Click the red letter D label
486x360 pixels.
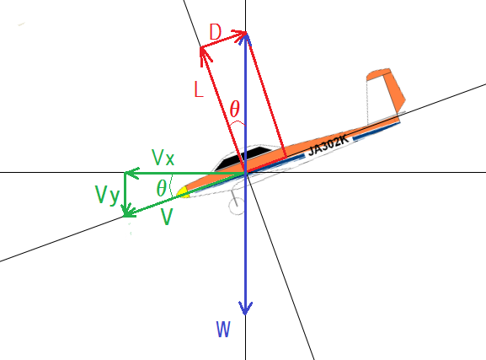216,32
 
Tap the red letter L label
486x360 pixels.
199,89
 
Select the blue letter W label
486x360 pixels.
223,330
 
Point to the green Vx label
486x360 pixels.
163,158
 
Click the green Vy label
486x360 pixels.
107,196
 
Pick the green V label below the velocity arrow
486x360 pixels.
167,217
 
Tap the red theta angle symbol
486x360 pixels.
235,109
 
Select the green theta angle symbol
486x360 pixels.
162,188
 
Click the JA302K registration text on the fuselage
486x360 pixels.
328,145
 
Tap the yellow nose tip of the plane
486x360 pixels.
182,192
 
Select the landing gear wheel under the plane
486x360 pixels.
237,206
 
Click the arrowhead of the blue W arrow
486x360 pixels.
245,308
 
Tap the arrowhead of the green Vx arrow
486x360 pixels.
131,173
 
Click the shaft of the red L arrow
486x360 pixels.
223,109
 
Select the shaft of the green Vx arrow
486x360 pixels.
184,173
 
